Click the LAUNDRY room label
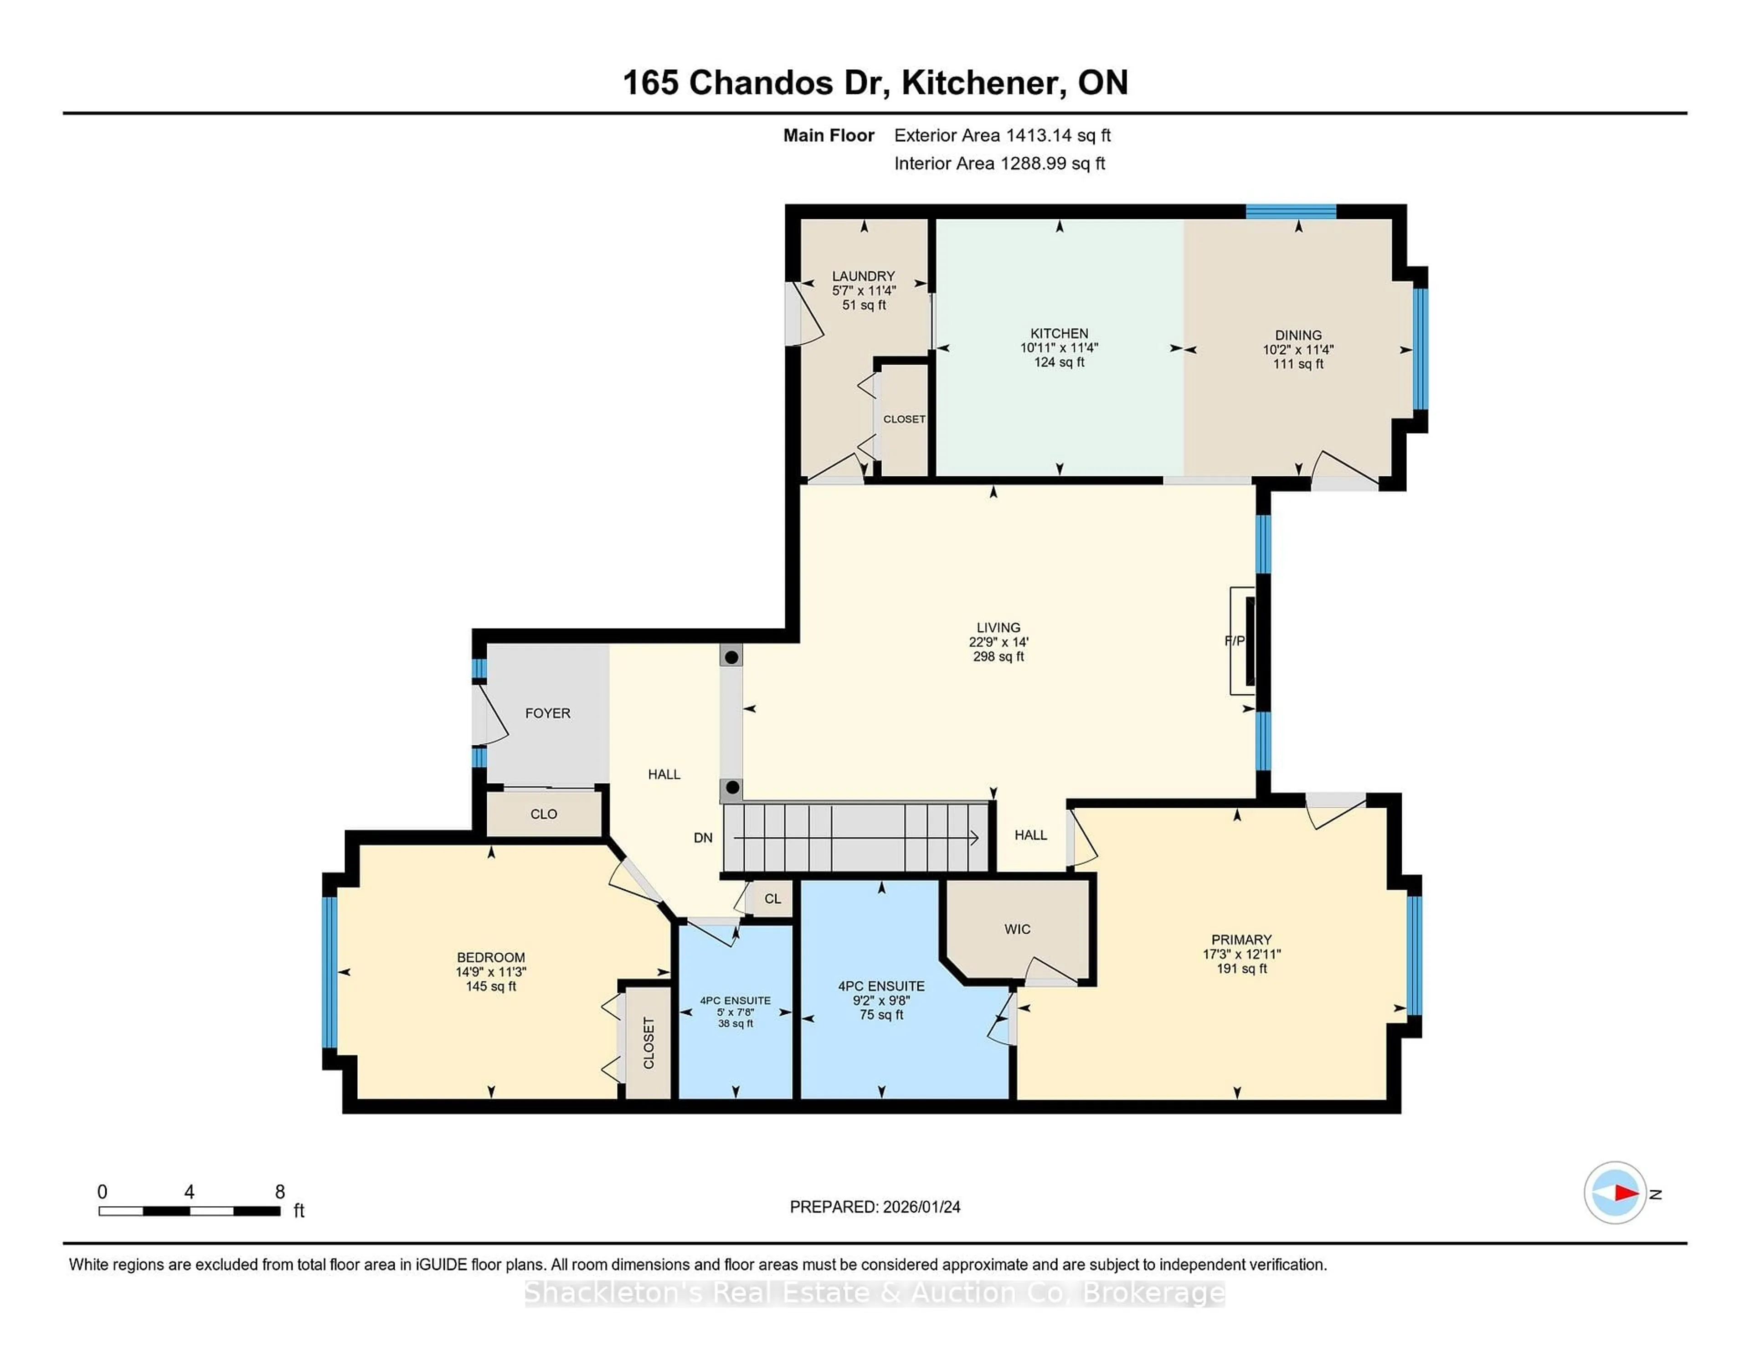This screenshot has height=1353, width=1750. (863, 276)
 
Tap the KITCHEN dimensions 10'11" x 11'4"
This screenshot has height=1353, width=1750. (1059, 348)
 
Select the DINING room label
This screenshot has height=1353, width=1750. (1298, 335)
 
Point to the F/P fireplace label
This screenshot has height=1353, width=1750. (1234, 640)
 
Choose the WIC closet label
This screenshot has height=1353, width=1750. (1017, 929)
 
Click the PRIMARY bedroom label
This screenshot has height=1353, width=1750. (1241, 940)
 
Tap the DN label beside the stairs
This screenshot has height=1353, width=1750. (703, 837)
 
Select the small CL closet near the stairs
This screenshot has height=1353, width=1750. (772, 899)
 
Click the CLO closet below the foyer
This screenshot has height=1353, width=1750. (543, 814)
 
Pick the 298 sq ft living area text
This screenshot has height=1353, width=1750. (999, 656)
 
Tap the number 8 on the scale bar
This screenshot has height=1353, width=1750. (280, 1192)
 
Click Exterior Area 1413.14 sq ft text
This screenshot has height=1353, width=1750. (1003, 135)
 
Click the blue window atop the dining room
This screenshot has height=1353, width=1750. (1291, 212)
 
